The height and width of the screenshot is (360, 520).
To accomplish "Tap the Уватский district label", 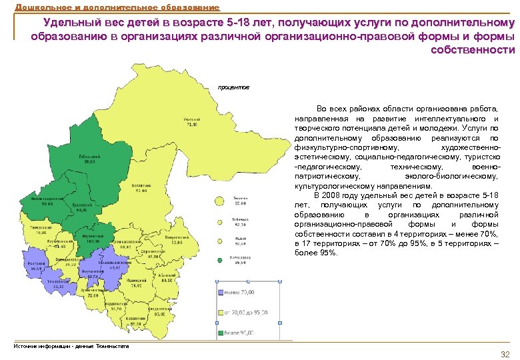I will pos(192,122).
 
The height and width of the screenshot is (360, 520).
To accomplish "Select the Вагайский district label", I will pos(141,187).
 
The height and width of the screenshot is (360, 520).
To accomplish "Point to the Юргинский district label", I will pos(92,237).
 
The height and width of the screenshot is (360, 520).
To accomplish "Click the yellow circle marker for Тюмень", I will pos(221,201).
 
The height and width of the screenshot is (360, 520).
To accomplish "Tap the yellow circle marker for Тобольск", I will pos(221,221).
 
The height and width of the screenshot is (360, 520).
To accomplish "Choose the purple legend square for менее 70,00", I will pos(221,291).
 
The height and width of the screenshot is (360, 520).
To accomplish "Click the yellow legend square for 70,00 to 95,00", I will pos(221,311).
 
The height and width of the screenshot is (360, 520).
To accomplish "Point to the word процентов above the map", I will pos(234,87).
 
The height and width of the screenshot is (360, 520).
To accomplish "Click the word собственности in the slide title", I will pos(473,50).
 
